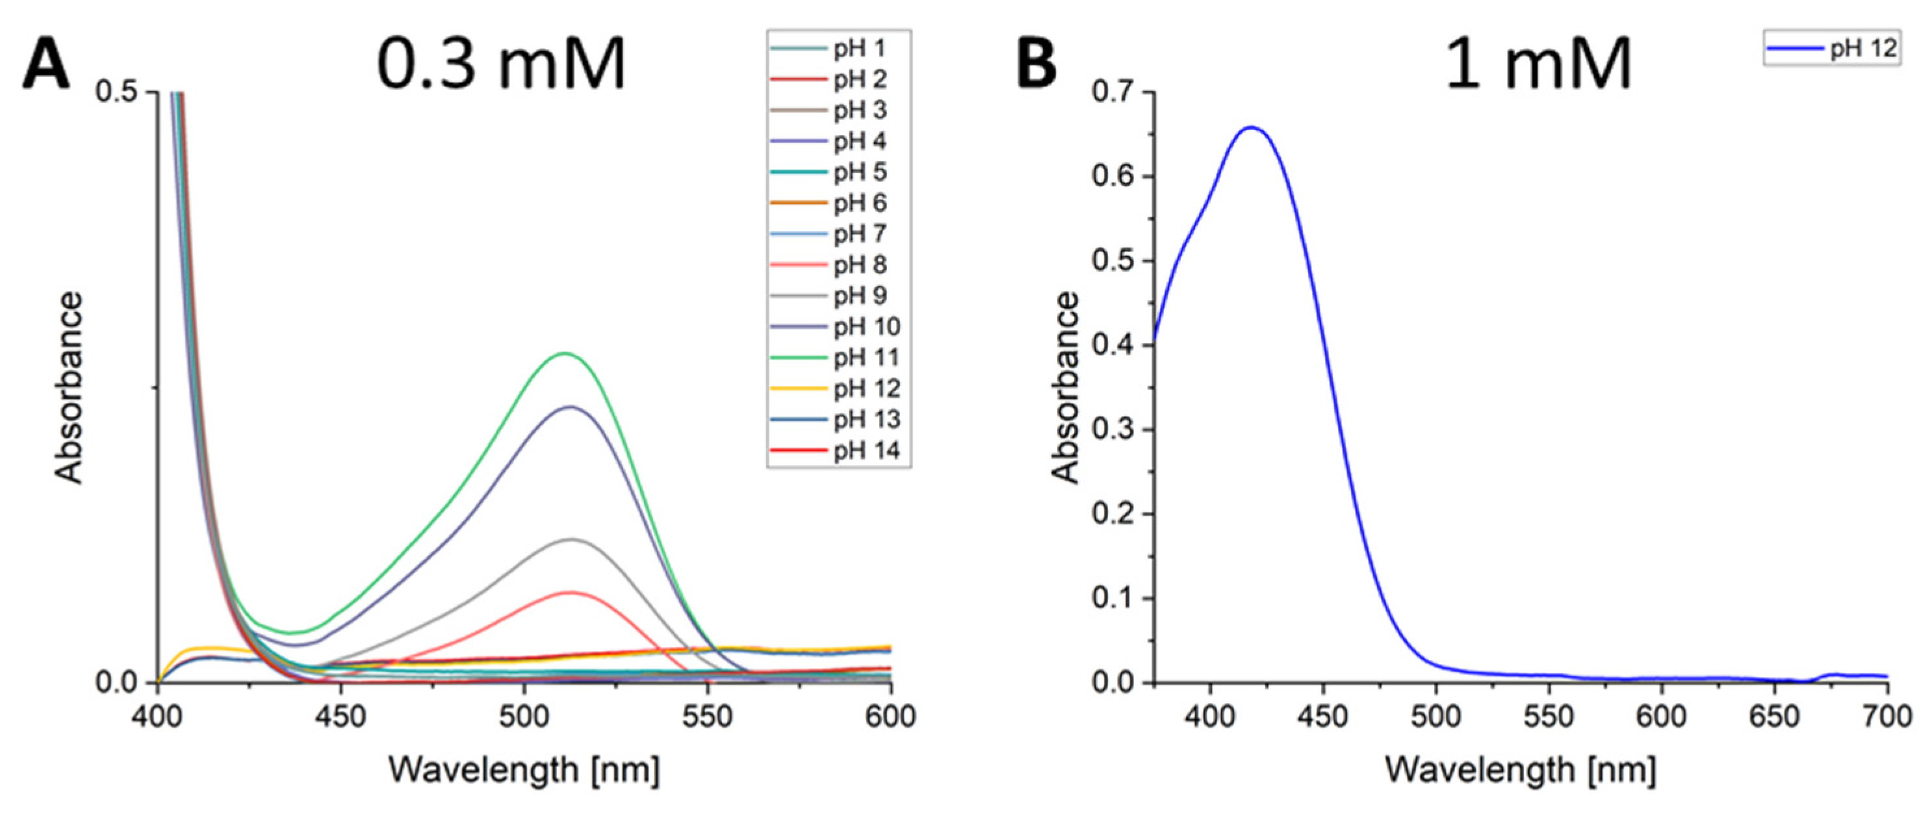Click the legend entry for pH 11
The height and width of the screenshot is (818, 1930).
tap(866, 358)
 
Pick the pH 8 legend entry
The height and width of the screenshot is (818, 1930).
tap(859, 265)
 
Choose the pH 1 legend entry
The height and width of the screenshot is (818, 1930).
tap(859, 49)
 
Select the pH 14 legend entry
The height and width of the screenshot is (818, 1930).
tap(866, 451)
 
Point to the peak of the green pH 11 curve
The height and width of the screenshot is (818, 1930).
tap(565, 353)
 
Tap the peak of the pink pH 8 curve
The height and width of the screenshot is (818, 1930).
tap(571, 592)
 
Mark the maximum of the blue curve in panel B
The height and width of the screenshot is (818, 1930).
tap(1250, 127)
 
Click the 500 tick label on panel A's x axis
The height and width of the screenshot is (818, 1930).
tap(524, 717)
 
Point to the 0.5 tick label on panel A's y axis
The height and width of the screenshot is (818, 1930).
tap(116, 92)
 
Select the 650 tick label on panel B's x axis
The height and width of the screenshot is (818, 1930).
tap(1773, 717)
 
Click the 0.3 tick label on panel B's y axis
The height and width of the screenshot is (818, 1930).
tap(1112, 430)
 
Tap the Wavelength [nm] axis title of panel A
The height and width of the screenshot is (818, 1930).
tap(524, 769)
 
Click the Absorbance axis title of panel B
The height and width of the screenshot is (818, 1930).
tap(1064, 387)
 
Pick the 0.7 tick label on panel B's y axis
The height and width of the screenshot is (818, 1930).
tap(1112, 92)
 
